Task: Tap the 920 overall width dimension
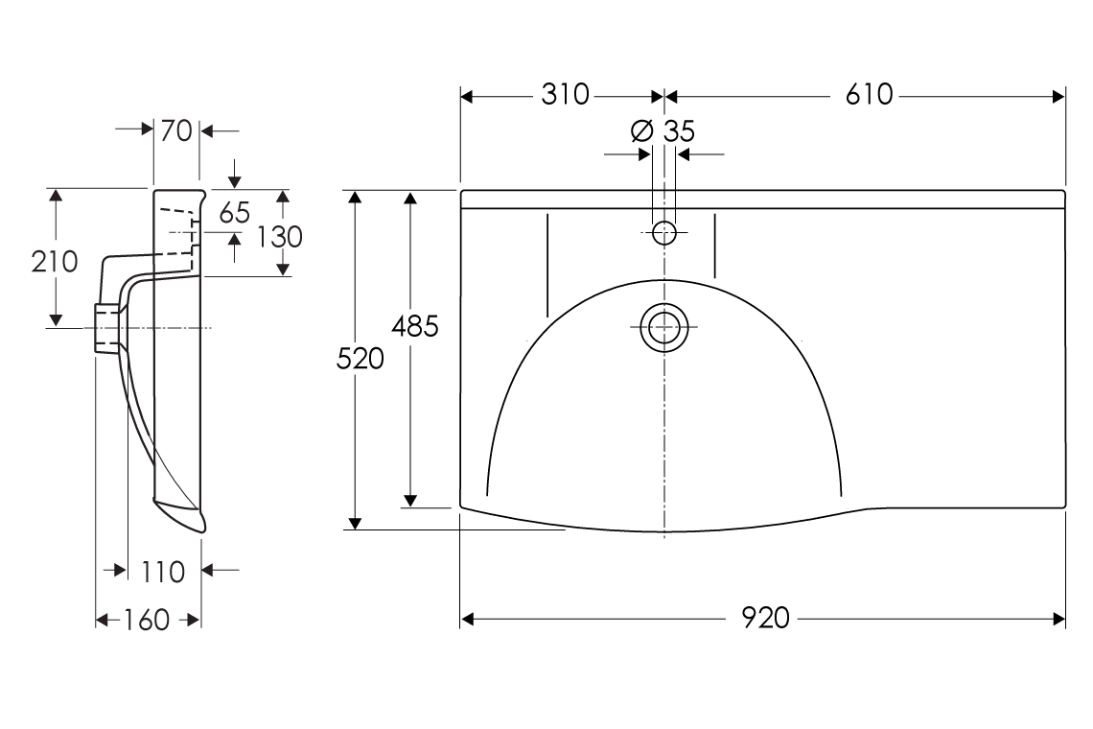765,619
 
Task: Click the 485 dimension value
414,327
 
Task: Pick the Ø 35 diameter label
663,131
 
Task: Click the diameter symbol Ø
642,131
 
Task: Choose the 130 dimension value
280,236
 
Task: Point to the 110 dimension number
163,572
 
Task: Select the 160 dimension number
147,621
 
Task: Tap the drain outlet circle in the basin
663,327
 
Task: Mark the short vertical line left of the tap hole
546,266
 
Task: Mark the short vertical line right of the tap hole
715,247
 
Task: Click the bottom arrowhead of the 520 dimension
355,522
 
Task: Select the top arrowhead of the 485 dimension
410,198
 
